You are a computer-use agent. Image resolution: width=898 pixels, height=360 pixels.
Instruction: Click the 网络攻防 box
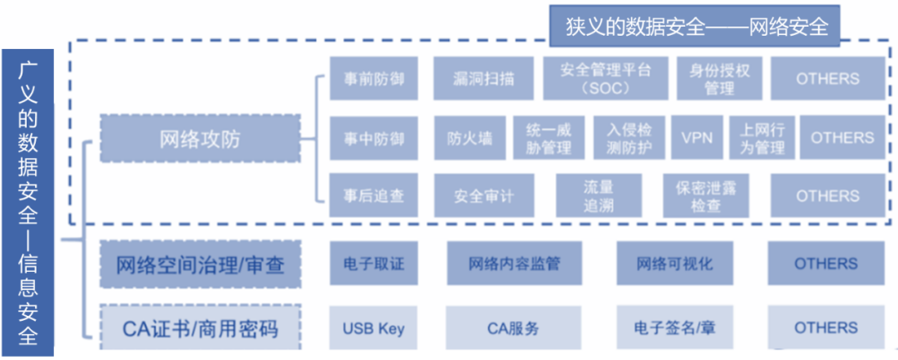tap(200, 138)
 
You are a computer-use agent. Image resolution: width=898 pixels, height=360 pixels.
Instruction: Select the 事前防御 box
tap(373, 79)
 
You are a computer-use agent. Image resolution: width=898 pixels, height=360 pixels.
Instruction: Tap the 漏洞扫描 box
tap(483, 79)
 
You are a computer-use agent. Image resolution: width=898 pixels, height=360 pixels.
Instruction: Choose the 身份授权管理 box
tap(719, 79)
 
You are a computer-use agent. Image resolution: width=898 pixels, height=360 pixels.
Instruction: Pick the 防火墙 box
tap(469, 138)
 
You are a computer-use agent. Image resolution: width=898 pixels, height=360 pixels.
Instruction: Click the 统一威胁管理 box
tap(549, 138)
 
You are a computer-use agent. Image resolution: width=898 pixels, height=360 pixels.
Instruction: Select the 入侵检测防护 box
tap(629, 138)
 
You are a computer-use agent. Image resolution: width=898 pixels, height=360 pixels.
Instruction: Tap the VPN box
tap(697, 138)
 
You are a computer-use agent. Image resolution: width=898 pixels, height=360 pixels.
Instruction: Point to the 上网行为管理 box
tap(762, 138)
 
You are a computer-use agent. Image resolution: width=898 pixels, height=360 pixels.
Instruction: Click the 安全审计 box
tap(483, 197)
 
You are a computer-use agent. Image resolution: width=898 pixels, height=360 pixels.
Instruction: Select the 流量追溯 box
tap(598, 197)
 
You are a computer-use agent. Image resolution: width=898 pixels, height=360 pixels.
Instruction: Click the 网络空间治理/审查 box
tap(200, 264)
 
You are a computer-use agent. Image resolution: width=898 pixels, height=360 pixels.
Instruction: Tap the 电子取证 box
tap(373, 264)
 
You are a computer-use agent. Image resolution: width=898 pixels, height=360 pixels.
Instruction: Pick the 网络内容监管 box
tap(514, 264)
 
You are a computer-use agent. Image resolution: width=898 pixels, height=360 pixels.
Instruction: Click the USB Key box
tap(373, 328)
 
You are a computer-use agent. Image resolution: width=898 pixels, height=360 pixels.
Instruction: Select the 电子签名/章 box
tap(674, 328)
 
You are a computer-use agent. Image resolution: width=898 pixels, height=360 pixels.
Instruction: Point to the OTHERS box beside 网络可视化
tap(826, 264)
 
